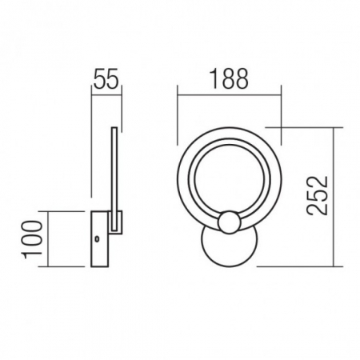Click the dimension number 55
click(106, 79)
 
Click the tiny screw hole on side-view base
click(97, 239)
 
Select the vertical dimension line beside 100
click(50, 238)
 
